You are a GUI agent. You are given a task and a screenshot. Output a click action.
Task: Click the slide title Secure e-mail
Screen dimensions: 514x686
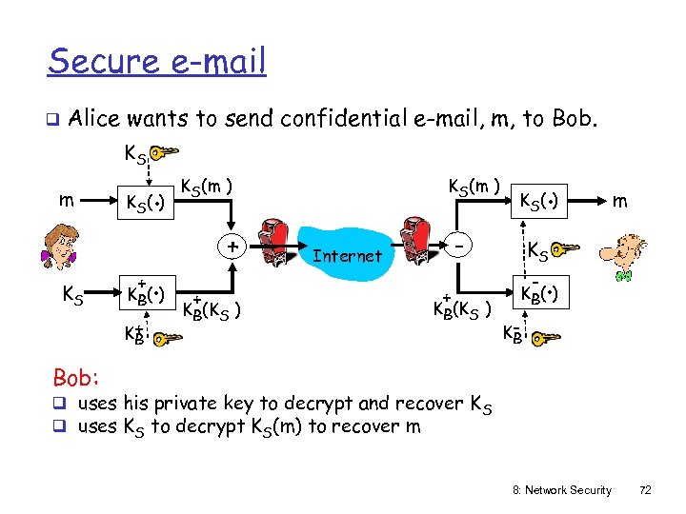click(x=157, y=62)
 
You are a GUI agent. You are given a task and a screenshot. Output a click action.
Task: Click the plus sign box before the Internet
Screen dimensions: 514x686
click(x=232, y=247)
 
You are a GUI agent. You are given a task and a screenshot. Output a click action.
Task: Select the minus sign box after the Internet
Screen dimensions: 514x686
click(x=460, y=247)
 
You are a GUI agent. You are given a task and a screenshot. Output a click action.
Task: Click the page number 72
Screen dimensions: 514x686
click(x=645, y=490)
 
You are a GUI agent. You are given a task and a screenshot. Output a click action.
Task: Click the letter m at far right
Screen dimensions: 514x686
click(x=620, y=200)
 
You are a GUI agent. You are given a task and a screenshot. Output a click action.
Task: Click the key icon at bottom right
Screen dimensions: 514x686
click(x=545, y=337)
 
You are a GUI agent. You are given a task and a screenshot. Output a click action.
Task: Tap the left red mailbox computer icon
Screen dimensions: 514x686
click(x=275, y=239)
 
